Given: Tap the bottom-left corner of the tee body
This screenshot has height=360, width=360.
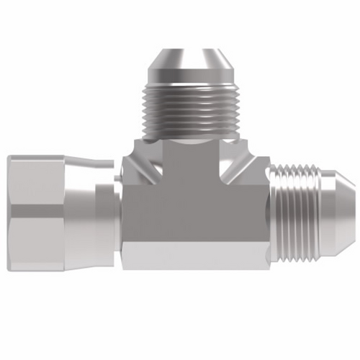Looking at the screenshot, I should pyautogui.click(x=123, y=267).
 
